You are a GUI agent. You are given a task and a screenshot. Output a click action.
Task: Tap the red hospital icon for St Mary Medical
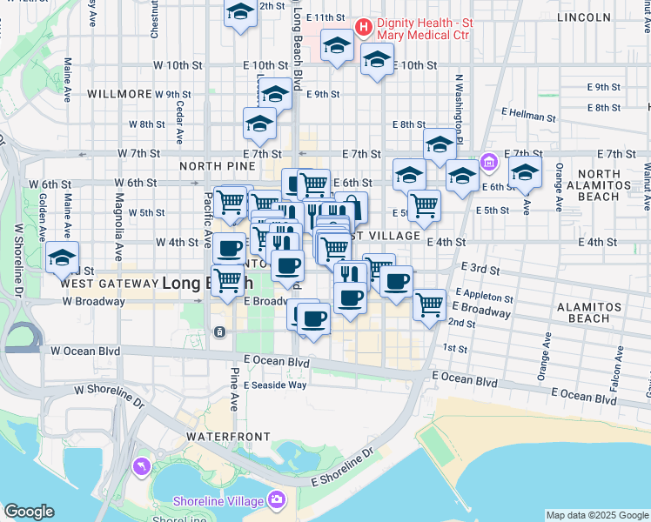point(363,27)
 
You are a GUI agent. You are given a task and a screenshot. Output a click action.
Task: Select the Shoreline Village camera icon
point(277,499)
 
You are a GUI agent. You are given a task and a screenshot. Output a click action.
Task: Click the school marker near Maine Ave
point(63,258)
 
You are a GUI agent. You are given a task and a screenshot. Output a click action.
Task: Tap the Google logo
point(29,512)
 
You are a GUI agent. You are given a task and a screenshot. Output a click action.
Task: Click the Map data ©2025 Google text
point(597,515)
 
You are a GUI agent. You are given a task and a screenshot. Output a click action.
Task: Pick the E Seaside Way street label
point(275,385)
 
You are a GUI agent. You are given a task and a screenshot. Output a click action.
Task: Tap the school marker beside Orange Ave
point(526,173)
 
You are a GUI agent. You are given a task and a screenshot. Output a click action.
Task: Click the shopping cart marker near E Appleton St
point(430,305)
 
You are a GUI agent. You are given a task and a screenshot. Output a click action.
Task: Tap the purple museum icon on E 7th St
point(488,163)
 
